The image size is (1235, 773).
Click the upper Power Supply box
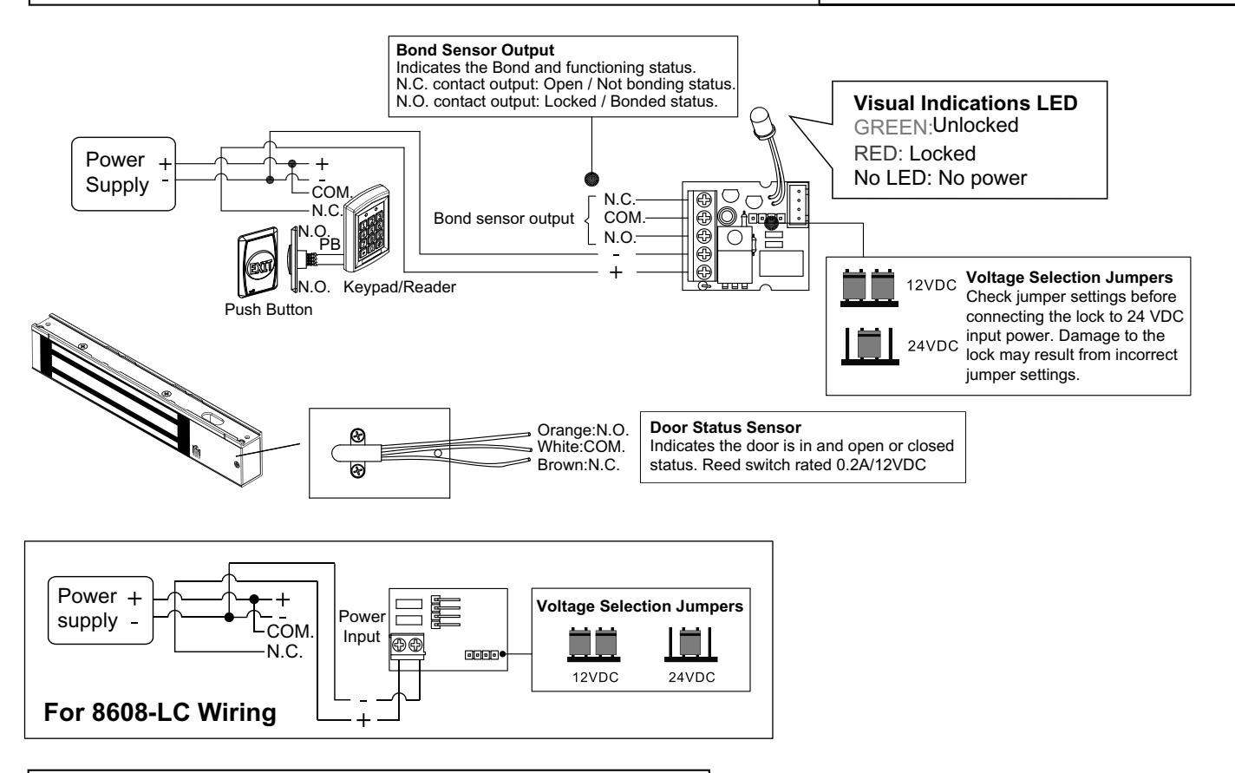(x=123, y=174)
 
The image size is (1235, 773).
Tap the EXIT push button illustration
(x=258, y=263)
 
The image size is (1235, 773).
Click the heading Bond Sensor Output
(x=474, y=50)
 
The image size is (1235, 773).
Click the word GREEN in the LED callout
(x=892, y=128)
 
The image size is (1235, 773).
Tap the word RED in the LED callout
(x=877, y=154)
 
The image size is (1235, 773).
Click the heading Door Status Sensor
(x=725, y=428)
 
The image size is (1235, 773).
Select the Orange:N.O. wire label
(x=583, y=430)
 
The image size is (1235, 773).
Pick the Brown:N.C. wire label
(x=578, y=465)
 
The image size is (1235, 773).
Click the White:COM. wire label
(x=581, y=447)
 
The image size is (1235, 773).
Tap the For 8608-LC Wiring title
(x=160, y=711)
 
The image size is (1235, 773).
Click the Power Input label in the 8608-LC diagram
(x=362, y=626)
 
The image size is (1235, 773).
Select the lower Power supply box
(x=101, y=611)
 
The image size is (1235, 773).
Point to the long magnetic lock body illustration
(x=147, y=400)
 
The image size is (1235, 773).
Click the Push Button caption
(x=269, y=310)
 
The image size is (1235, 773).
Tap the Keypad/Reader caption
(x=400, y=286)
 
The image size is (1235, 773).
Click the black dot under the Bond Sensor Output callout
(x=591, y=180)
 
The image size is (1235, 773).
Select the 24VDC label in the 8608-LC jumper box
(x=691, y=677)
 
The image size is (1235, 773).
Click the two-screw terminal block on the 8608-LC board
(x=408, y=646)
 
